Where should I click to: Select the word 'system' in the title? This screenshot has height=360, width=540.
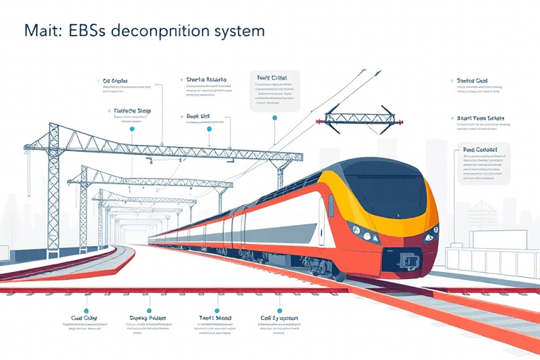coord(240,32)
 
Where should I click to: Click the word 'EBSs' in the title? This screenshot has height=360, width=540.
coord(87,32)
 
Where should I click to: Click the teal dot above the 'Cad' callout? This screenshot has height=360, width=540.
coord(86,310)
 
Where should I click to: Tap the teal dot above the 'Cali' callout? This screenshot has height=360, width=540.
coord(263,309)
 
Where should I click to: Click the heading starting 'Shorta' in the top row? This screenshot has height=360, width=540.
coord(206,80)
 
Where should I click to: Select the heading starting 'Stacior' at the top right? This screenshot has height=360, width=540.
coord(472,80)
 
